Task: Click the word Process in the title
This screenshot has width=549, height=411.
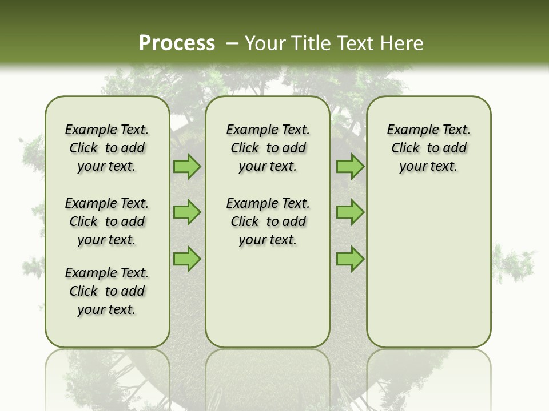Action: tap(177, 43)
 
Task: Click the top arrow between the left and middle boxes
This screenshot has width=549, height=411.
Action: tap(187, 167)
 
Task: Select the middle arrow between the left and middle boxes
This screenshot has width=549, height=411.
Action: tap(187, 212)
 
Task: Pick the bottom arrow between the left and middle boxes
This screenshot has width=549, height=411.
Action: tap(187, 259)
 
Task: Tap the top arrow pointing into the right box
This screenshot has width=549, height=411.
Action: tap(350, 167)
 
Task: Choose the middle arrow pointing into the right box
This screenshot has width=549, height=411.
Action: tap(350, 212)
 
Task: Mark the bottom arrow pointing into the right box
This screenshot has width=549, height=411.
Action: tap(350, 259)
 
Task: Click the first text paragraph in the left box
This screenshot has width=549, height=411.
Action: tap(107, 148)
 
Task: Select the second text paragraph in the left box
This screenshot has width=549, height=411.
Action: tap(107, 221)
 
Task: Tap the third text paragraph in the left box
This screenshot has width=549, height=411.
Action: tap(107, 291)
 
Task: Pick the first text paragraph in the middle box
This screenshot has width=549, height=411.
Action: tap(268, 148)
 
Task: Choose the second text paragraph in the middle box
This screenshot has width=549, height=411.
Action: tap(268, 221)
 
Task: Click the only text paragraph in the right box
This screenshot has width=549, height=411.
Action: tap(428, 148)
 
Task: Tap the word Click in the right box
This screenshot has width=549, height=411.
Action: tap(405, 148)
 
